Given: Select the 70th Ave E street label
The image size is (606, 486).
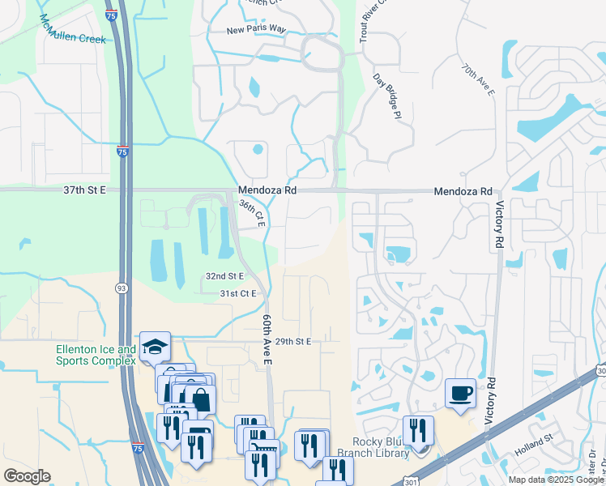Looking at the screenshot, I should [x=477, y=81].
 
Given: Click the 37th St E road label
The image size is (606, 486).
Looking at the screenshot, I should [x=85, y=190].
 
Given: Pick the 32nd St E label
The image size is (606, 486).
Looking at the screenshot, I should [x=224, y=276].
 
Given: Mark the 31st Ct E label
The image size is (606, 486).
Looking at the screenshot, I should [x=238, y=293].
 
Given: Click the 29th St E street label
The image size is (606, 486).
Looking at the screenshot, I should [x=292, y=342].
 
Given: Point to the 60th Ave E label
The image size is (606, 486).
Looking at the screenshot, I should [x=266, y=340].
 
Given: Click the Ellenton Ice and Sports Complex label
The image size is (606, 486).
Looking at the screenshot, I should [x=96, y=356].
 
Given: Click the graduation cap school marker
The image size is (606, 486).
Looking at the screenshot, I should [x=154, y=347].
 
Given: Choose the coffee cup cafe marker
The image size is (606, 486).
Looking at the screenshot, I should [x=461, y=393].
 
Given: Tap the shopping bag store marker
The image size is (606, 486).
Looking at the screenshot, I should [x=199, y=399].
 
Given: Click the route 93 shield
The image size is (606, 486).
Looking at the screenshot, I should [x=121, y=288].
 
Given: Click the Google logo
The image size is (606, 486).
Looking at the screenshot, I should [x=28, y=476].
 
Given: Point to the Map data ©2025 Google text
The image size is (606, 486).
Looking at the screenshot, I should [x=555, y=480].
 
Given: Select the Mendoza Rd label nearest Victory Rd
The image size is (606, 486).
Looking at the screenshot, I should [x=463, y=191].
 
